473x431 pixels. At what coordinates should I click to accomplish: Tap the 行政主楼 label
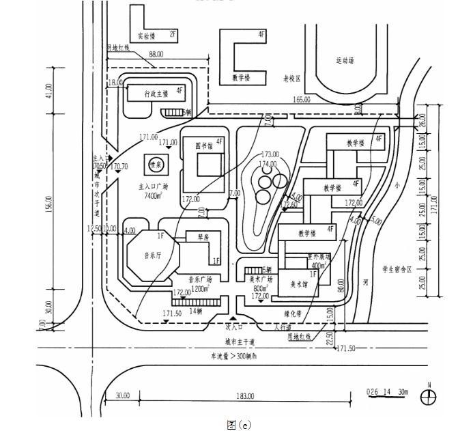[156, 93]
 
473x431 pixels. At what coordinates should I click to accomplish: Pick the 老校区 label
[292, 78]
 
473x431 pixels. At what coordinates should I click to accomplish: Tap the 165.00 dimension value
[301, 100]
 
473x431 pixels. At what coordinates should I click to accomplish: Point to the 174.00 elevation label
[268, 164]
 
